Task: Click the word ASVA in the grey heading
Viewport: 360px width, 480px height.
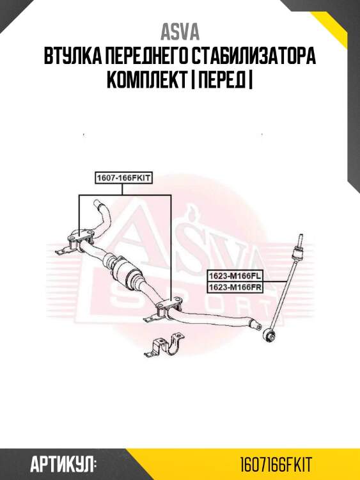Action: pyautogui.click(x=180, y=32)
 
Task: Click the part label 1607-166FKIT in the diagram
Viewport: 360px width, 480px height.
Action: pyautogui.click(x=123, y=179)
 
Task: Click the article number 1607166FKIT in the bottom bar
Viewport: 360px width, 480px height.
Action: pyautogui.click(x=276, y=463)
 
